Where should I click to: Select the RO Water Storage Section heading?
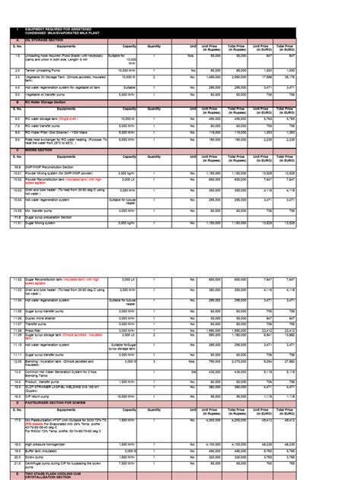49,100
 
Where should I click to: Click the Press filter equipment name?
35,330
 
